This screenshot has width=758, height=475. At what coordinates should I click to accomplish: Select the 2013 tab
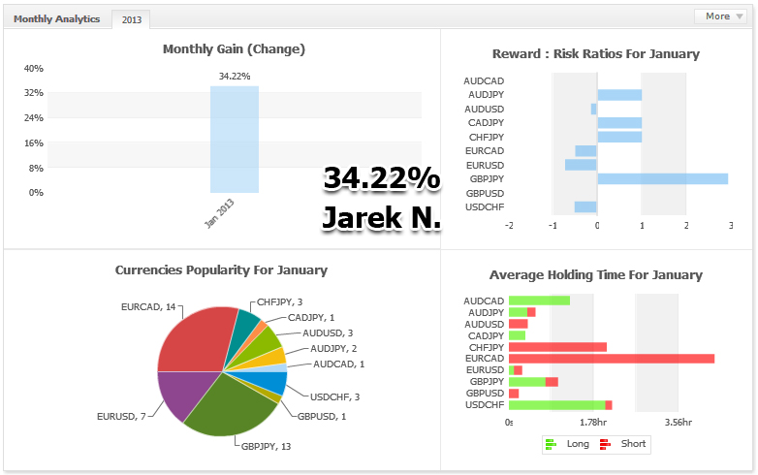click(x=131, y=19)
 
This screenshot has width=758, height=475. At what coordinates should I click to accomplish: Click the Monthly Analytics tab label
click(x=56, y=19)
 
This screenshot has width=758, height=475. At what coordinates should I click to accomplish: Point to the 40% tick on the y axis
click(x=33, y=69)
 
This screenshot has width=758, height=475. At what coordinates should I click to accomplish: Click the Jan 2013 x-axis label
click(x=220, y=212)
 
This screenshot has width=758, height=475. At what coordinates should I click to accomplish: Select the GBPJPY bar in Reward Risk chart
click(x=662, y=179)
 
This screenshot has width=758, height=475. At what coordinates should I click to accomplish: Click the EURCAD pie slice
click(x=194, y=339)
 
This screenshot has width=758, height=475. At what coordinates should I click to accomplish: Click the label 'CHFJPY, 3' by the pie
click(x=279, y=302)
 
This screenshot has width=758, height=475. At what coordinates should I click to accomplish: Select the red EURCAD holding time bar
click(x=612, y=359)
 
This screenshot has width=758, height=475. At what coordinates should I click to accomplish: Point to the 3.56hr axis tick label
click(x=678, y=423)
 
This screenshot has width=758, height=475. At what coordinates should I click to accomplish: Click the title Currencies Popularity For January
click(x=221, y=270)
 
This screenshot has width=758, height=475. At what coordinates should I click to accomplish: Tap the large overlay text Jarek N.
click(x=381, y=218)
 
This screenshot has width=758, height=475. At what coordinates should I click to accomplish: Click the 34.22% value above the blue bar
click(x=235, y=76)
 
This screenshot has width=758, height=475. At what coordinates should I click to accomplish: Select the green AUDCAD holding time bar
click(x=539, y=301)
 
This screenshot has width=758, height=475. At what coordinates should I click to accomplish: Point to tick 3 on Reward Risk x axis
click(x=729, y=225)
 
